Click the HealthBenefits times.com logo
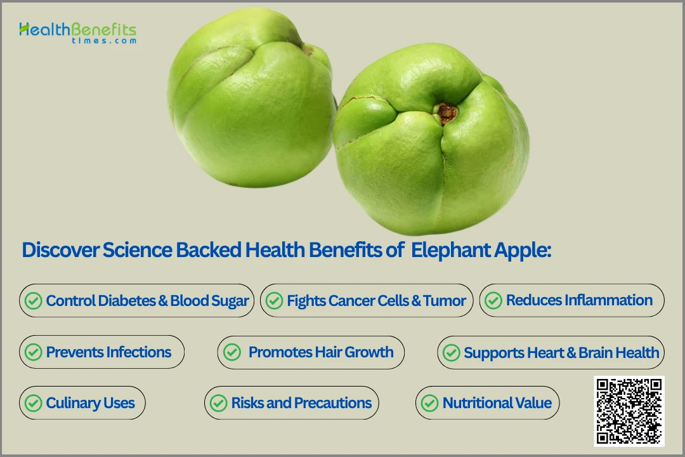[78, 33]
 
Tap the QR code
[629, 411]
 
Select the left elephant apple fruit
[251, 98]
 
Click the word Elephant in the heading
[451, 250]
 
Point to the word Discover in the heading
[61, 250]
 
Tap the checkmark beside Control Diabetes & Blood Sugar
[33, 301]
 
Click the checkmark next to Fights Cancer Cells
[275, 301]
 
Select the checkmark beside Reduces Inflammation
[493, 300]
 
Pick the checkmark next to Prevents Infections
[33, 352]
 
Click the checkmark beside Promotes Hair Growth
[232, 352]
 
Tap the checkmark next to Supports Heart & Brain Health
[452, 353]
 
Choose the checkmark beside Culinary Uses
[33, 403]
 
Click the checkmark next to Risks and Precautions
[218, 403]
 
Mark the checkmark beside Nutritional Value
[429, 403]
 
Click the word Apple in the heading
[523, 251]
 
